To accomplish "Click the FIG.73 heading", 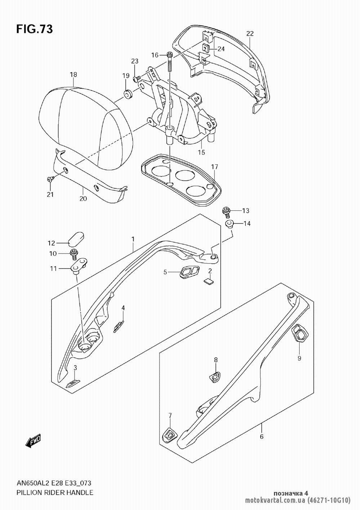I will pyautogui.click(x=35, y=29).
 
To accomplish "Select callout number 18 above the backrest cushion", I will pyautogui.click(x=73, y=75).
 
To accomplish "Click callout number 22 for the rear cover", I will pyautogui.click(x=250, y=33).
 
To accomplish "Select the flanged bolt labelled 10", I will pyautogui.click(x=73, y=254).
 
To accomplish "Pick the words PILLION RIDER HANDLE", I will pyautogui.click(x=55, y=492).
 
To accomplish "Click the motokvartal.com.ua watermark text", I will pyautogui.click(x=275, y=501).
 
